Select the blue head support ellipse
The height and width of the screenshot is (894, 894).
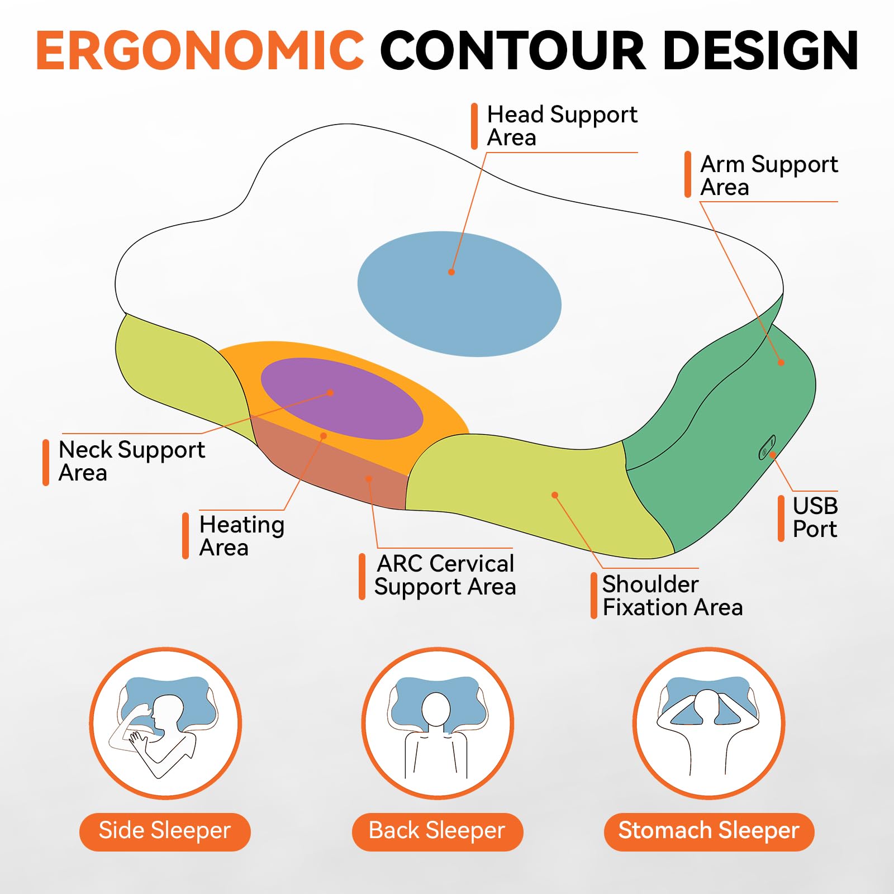coord(459,294)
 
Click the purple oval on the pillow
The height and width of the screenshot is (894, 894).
coord(342,399)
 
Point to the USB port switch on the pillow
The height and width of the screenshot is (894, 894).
coord(767,447)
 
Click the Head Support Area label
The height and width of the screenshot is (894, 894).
coord(562,126)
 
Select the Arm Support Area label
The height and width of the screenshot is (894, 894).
coord(769,175)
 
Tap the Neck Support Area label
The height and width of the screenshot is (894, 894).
coord(132,461)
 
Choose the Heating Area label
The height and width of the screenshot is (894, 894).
coord(241,536)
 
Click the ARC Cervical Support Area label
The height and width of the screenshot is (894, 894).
coord(445,575)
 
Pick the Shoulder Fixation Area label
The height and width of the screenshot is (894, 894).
coord(673,596)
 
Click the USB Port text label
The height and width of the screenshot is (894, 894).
coord(815,517)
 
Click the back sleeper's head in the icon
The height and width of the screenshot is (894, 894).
coord(436,710)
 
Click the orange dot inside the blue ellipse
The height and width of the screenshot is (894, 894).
coord(451,272)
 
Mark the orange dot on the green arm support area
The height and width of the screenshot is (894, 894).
coord(781,363)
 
